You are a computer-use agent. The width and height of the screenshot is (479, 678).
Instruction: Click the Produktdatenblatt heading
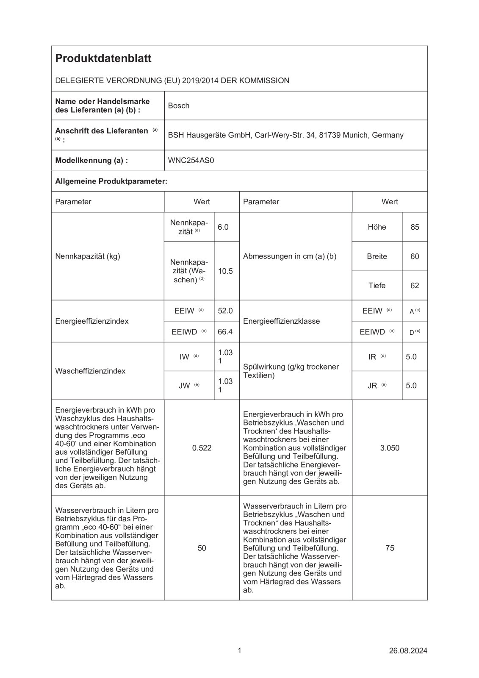(x=103, y=58)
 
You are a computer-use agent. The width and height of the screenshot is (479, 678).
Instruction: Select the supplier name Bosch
(x=179, y=106)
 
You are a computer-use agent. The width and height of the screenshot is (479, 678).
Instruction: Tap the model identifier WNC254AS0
(x=191, y=160)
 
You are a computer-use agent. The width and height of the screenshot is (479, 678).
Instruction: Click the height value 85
(x=415, y=227)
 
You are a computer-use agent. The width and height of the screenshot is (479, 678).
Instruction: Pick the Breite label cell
(x=377, y=256)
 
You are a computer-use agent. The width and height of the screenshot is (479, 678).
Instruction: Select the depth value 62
(x=415, y=286)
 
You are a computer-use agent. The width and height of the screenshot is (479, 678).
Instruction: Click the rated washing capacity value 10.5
(x=225, y=271)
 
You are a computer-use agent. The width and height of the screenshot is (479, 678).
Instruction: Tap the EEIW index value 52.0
(x=225, y=311)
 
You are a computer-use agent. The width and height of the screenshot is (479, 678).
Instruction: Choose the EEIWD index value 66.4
(x=225, y=332)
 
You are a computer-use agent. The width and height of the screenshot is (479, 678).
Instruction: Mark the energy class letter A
(x=412, y=311)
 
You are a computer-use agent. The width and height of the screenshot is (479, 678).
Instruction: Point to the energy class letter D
(x=412, y=333)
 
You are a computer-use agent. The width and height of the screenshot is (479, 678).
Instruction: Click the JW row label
(x=184, y=386)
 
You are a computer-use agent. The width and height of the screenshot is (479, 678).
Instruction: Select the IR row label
(x=372, y=357)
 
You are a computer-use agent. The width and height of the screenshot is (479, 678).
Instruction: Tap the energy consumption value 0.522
(x=202, y=448)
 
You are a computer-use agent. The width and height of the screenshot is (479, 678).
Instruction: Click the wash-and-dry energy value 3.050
(x=390, y=448)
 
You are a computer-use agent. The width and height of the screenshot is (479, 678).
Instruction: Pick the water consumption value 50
(x=202, y=548)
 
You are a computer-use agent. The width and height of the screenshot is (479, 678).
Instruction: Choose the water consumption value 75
(x=390, y=548)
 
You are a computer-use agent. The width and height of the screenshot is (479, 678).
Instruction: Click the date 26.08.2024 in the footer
(x=408, y=650)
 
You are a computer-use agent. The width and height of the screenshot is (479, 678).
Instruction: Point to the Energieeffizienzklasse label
(x=282, y=321)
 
